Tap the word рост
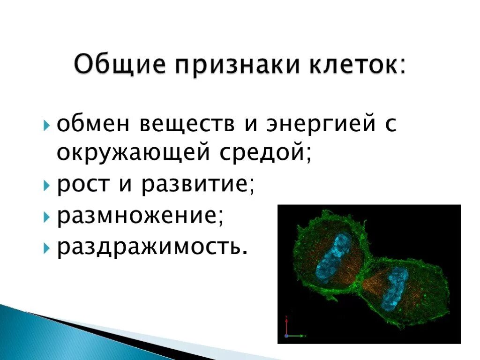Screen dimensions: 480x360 83,185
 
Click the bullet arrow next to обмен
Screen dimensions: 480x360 46,126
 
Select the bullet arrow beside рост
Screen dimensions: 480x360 46,186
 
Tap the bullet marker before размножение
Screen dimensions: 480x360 46,217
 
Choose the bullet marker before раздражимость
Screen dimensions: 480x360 46,247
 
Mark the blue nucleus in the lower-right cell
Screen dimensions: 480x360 394,287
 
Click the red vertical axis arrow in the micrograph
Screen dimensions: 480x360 286,326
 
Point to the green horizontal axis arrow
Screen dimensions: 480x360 296,336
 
